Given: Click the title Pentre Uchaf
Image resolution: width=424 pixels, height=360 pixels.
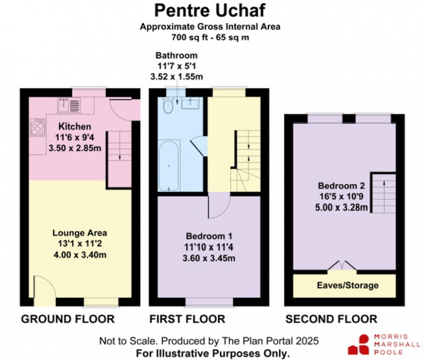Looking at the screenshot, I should point(210,10).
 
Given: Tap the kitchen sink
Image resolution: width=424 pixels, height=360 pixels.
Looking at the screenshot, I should point(69,105).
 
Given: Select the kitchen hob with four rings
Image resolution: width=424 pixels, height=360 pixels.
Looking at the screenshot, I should point(37,127).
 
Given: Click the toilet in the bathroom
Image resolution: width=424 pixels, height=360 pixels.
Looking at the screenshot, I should point(168,105).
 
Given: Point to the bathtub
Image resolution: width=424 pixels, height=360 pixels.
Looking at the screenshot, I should point(169,165).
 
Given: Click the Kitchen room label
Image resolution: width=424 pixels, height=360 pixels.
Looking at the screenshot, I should point(74,126).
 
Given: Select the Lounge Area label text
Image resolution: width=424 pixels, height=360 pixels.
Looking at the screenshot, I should point(80,233).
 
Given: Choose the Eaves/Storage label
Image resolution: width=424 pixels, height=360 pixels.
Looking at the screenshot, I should point(342,285).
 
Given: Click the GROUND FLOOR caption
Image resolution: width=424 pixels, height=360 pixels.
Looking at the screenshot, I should point(68,319).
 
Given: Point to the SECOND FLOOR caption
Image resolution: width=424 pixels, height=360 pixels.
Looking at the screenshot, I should point(331,319).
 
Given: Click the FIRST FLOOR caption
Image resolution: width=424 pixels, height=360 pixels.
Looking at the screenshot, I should point(187,319).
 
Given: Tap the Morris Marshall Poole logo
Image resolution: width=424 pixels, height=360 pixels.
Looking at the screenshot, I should point(385,344).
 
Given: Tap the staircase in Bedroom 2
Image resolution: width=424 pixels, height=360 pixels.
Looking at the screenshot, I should point(383,193).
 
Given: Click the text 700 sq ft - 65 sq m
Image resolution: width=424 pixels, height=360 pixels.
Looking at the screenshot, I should point(210,37).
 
